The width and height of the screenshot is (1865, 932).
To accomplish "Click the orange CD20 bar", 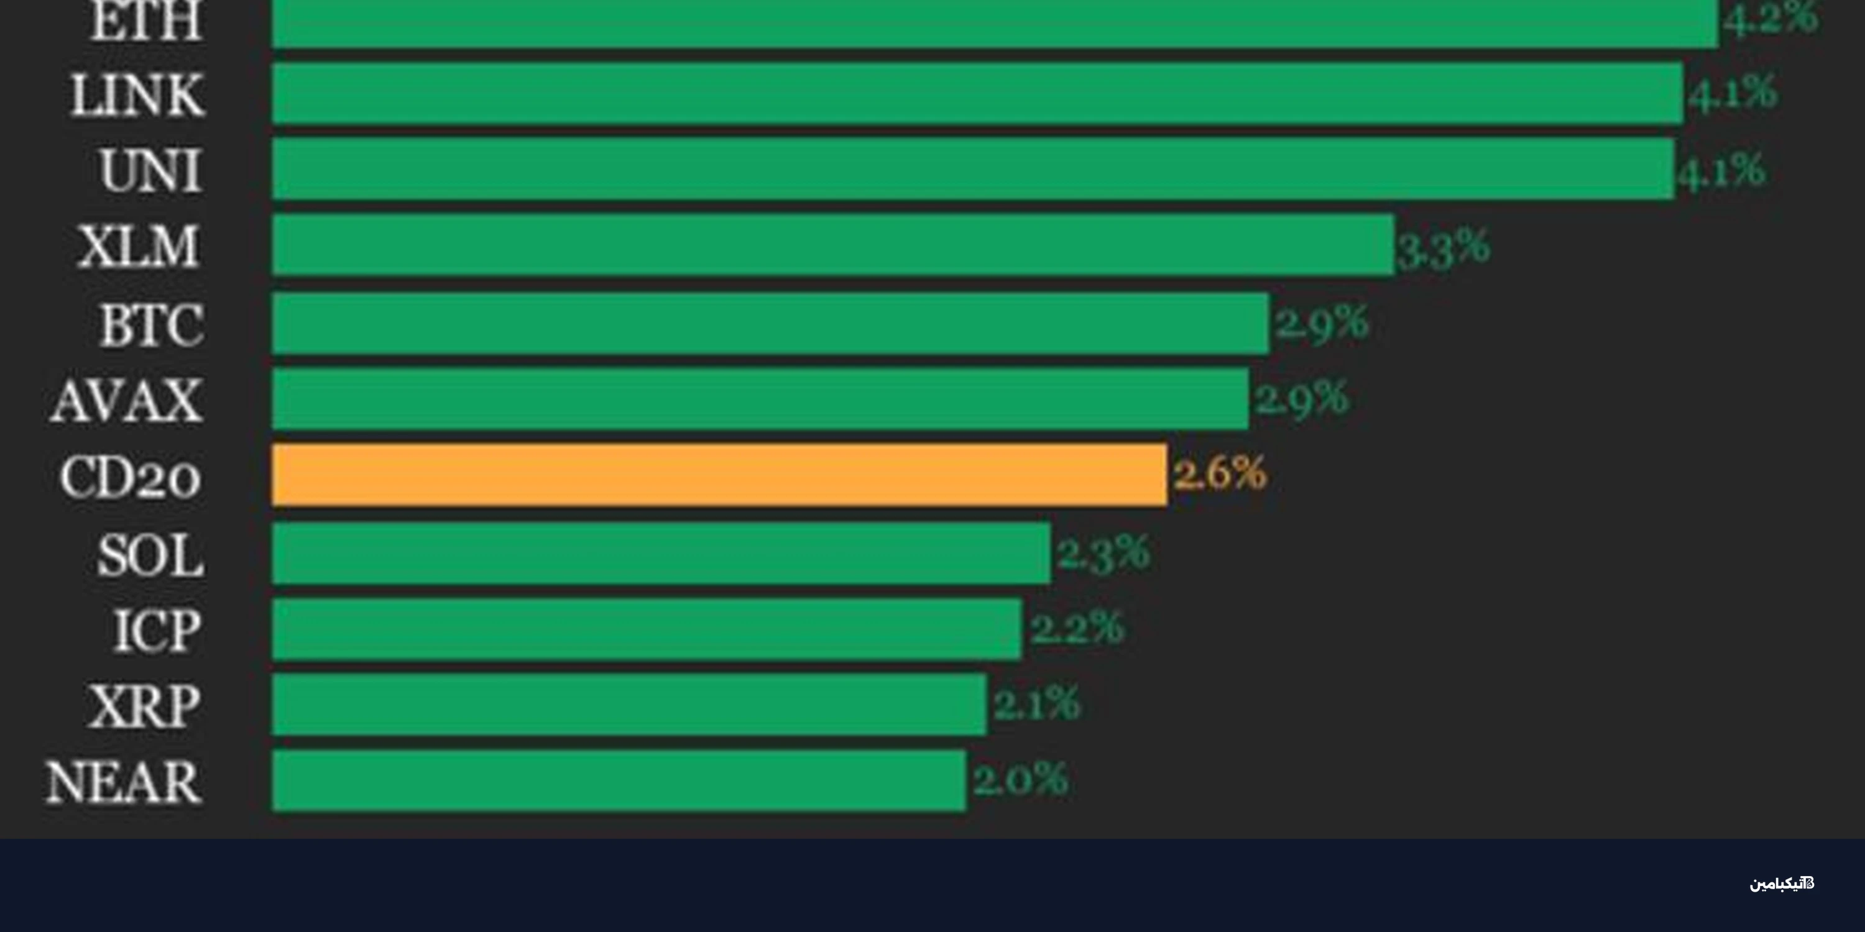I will (719, 475).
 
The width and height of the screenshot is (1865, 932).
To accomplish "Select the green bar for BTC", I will (770, 324).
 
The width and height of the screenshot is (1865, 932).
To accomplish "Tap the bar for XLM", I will (832, 245).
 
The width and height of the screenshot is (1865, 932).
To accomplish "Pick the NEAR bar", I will (619, 780).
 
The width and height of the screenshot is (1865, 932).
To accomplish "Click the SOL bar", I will (661, 553).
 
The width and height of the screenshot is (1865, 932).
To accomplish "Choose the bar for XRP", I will (629, 704).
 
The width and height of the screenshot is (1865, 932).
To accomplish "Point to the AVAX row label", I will (127, 400).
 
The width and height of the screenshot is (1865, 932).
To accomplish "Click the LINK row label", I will (137, 95).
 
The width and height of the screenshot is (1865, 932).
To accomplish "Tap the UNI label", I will (150, 171).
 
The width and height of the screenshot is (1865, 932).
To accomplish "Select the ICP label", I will (157, 630).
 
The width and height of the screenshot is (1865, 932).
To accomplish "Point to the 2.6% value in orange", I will (1220, 473).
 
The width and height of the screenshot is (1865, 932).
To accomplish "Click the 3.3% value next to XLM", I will (1443, 247).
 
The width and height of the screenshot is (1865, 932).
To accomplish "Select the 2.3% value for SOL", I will (1103, 553).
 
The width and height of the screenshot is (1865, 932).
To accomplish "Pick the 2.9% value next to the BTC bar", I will (1321, 322).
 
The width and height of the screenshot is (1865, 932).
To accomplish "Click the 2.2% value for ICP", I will (1077, 628).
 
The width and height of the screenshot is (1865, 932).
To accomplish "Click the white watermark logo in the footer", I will (1782, 884).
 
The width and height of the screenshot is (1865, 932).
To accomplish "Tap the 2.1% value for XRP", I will (1037, 703).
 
